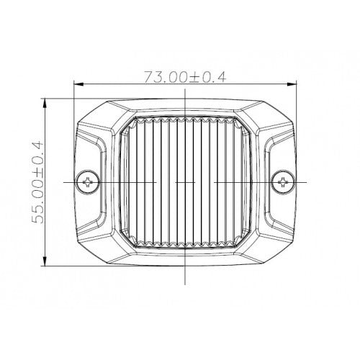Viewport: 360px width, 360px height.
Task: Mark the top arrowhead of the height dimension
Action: (x=48, y=102)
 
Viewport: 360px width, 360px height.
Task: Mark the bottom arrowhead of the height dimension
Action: (x=48, y=264)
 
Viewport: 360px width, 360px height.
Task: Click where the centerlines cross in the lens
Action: (x=186, y=182)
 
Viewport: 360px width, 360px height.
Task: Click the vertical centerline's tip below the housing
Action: (x=186, y=284)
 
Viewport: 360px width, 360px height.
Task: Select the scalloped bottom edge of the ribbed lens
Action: (x=186, y=244)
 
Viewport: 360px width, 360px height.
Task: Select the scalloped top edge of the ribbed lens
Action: (x=186, y=120)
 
